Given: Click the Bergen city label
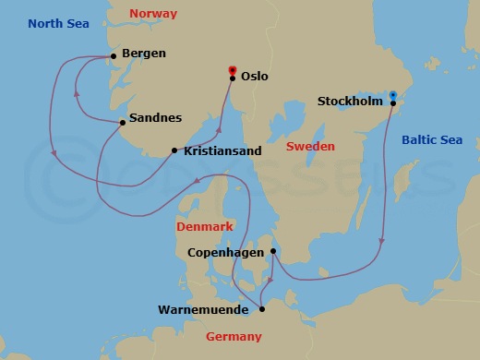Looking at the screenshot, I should (143, 54).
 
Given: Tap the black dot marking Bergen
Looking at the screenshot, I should (114, 55).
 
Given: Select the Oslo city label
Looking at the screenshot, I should (254, 77).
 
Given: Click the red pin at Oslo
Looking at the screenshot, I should (233, 70).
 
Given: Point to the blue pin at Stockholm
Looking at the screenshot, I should (392, 95).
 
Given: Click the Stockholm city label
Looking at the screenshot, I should (350, 102).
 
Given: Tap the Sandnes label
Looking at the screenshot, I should (155, 118).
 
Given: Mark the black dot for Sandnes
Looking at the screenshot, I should (123, 122).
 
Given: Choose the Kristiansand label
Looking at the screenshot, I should (222, 150).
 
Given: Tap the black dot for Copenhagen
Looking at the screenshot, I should (273, 250).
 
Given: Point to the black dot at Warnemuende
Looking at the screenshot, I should (262, 309).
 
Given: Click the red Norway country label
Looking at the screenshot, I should (152, 14).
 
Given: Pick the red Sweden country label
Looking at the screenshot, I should (310, 147).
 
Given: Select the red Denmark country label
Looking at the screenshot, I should (205, 226).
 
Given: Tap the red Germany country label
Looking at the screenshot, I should (234, 337).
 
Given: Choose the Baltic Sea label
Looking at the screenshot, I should (431, 140).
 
